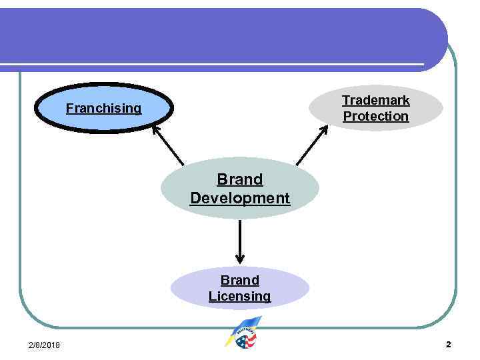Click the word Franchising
point(103,108)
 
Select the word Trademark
point(376,100)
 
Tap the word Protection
point(376,116)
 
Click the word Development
point(240,198)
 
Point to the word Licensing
point(240,296)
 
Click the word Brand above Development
point(240,179)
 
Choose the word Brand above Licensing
point(240,280)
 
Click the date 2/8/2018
point(44,345)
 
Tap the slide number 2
point(448,345)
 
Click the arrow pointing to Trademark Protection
point(311,144)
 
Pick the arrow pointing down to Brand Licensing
point(240,241)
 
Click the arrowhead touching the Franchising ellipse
point(156,129)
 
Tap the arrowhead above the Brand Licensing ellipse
point(240,259)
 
